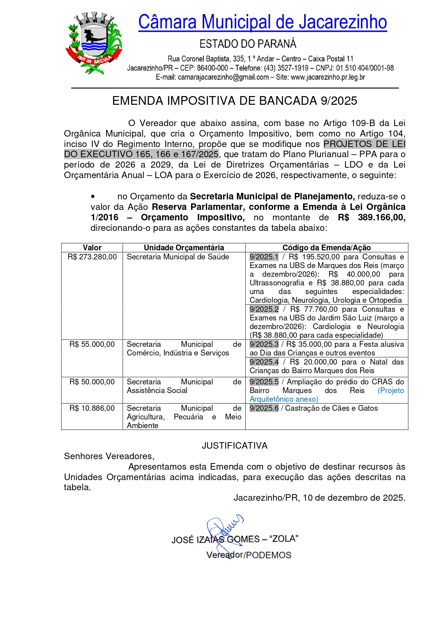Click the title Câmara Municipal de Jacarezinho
click(262, 22)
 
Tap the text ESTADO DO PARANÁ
click(248, 44)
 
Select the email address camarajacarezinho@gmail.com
click(223, 77)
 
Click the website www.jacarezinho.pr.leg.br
click(328, 77)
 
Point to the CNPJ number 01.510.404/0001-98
click(365, 68)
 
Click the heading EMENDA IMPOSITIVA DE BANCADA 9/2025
click(234, 101)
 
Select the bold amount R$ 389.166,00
click(371, 217)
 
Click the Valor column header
click(92, 247)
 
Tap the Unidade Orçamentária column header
click(184, 247)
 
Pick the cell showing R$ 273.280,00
click(92, 257)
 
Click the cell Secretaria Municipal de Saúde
click(178, 257)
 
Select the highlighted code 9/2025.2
click(264, 309)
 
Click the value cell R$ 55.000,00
click(92, 344)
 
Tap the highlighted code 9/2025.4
click(264, 362)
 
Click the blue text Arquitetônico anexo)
click(284, 399)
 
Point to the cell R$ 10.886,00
click(92, 408)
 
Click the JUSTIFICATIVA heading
click(234, 446)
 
